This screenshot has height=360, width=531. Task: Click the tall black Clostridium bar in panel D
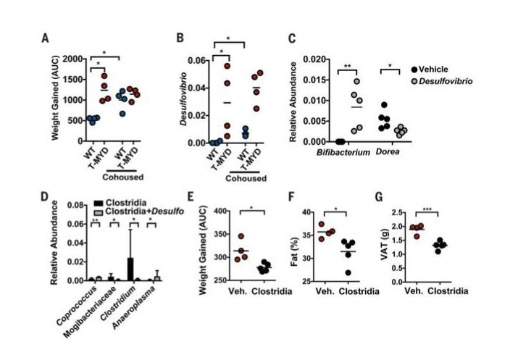click(130, 269)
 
